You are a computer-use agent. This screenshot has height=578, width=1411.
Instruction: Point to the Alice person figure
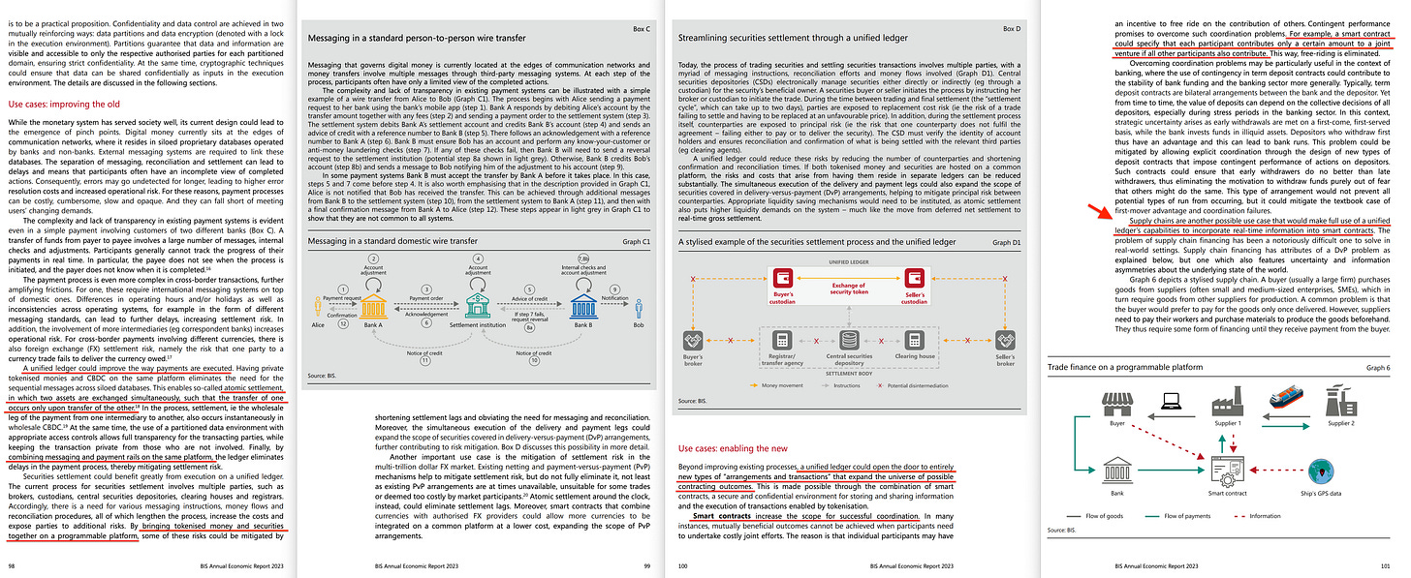click(317, 307)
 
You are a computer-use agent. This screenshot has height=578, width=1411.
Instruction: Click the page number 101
click(1395, 563)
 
